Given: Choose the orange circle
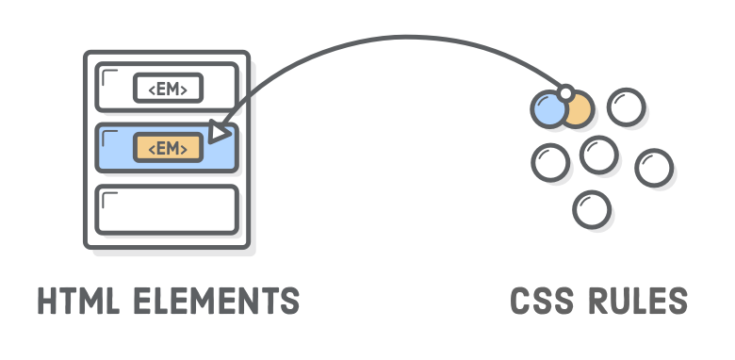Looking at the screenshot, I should [x=578, y=110].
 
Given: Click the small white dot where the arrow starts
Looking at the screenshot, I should [x=565, y=93].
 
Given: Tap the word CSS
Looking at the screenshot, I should [x=543, y=302].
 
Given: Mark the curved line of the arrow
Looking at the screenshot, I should [x=396, y=40].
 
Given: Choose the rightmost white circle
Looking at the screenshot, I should [x=653, y=168].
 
